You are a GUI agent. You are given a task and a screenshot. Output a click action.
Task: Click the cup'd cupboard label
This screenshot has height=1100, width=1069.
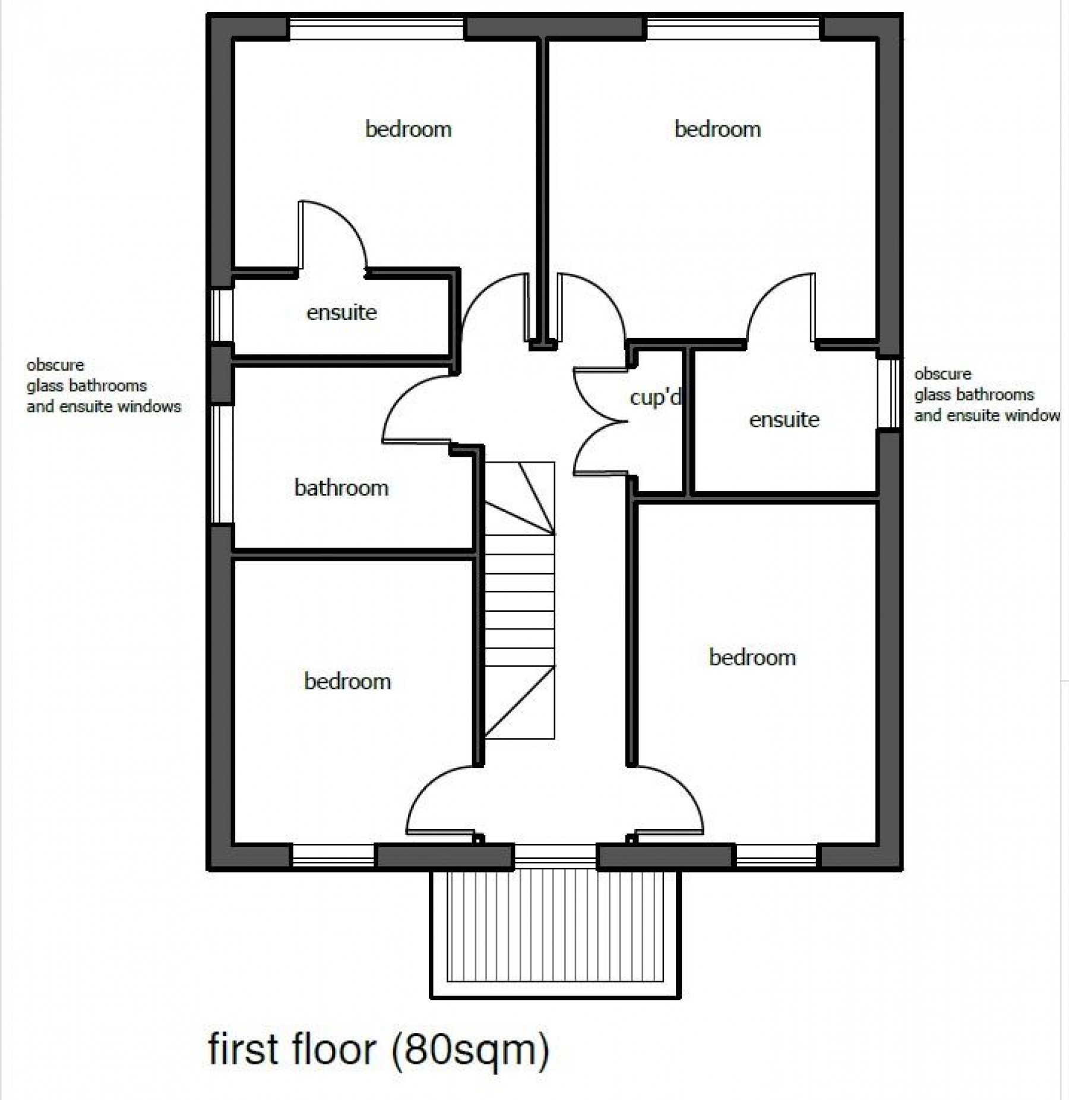655,397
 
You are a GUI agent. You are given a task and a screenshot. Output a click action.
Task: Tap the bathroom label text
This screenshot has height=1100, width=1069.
341,488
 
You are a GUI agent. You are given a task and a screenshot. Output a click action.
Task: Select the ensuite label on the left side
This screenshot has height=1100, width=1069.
341,312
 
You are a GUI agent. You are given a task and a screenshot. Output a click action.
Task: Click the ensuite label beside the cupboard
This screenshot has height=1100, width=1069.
784,420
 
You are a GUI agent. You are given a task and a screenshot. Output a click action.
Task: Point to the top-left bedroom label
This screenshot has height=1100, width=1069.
408,129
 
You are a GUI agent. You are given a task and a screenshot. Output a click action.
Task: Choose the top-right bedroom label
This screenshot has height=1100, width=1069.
717,129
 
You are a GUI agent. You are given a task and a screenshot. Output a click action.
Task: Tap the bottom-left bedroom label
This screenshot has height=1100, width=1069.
347,681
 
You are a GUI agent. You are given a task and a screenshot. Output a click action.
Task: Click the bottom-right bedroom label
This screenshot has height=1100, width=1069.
752,658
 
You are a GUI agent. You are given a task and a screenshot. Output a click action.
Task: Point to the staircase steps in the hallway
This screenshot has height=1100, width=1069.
520,600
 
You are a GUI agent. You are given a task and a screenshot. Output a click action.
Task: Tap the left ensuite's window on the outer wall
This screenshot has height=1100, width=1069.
222,315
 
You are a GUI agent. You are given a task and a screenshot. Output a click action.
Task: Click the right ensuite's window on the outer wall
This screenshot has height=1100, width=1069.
889,393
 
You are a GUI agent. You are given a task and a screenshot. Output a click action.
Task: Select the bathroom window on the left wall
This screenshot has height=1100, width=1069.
222,464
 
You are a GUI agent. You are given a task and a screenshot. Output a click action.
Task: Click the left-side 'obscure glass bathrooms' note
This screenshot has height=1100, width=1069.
103,385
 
